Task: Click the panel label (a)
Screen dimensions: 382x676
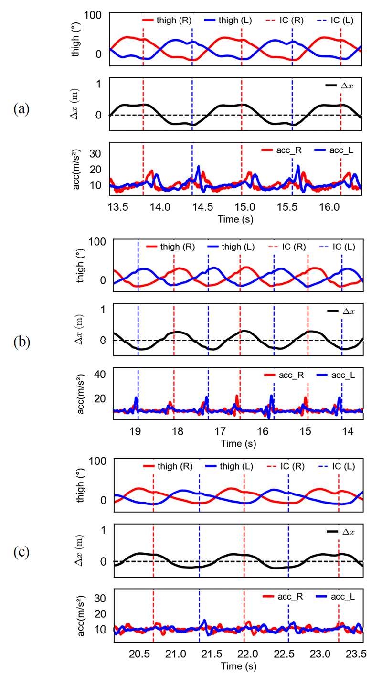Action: [x=21, y=109]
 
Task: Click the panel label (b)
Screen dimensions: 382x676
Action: [x=21, y=342]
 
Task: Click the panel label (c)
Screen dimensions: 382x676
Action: [x=21, y=552]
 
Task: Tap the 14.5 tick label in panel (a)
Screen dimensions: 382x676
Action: [x=203, y=207]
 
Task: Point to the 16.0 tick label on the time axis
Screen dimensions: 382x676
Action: [x=329, y=207]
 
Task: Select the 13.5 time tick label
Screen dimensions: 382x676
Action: [x=118, y=207]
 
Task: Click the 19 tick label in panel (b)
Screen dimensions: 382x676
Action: [x=135, y=431]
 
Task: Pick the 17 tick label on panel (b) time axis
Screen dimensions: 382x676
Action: [x=220, y=431]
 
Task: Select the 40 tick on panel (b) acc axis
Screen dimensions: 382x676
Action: [x=100, y=374]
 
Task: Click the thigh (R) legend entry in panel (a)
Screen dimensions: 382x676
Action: [x=167, y=20]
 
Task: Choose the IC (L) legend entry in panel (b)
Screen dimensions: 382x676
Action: [x=337, y=247]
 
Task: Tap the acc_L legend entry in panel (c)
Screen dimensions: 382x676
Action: [x=335, y=597]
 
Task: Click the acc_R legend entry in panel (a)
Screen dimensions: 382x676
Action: [x=282, y=150]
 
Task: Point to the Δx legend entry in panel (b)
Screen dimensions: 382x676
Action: [x=341, y=311]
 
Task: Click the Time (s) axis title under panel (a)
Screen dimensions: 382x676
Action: [x=236, y=219]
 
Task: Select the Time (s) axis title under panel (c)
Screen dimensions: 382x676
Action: [x=239, y=666]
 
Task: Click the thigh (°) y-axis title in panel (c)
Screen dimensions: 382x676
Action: [x=80, y=485]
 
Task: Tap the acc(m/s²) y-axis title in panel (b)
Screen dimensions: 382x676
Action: [x=81, y=394]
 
